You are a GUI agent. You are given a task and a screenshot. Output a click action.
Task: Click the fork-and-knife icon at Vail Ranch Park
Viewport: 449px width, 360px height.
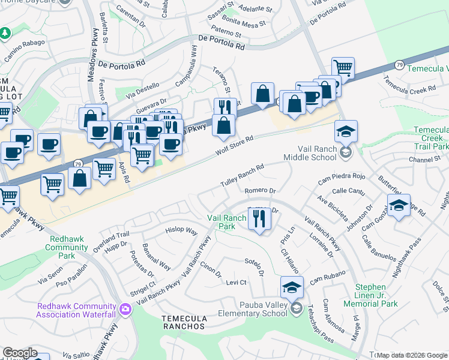click(x=259, y=217)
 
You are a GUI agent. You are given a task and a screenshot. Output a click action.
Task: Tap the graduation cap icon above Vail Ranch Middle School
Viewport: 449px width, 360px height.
click(x=346, y=131)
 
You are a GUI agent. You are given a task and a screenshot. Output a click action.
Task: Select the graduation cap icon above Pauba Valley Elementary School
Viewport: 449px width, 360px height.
click(x=291, y=287)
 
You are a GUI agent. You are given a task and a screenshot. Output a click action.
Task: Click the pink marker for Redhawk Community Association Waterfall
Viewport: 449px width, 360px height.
click(x=125, y=310)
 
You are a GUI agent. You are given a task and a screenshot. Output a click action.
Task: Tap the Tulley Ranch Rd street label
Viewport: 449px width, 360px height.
click(x=242, y=176)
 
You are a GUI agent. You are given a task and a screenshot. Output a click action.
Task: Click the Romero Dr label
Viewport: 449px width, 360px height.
click(x=260, y=191)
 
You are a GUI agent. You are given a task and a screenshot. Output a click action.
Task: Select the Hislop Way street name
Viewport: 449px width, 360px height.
click(x=182, y=230)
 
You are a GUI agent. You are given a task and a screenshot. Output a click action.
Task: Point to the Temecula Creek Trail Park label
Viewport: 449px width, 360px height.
click(x=431, y=137)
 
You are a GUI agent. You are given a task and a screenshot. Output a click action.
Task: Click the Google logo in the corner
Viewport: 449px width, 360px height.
click(x=20, y=353)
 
